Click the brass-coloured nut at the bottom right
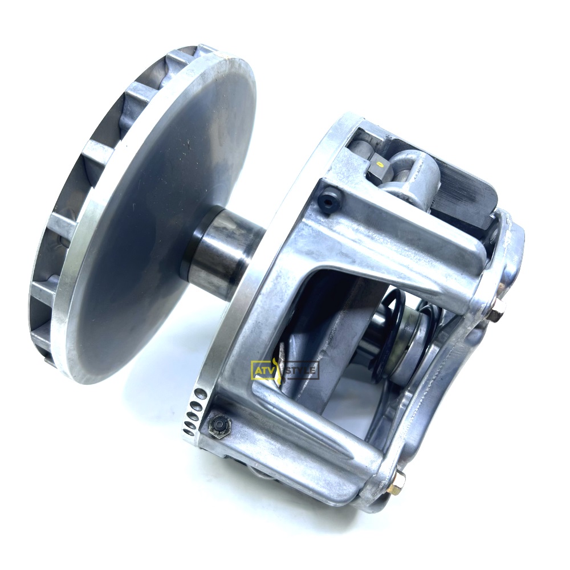(x=396, y=483)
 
